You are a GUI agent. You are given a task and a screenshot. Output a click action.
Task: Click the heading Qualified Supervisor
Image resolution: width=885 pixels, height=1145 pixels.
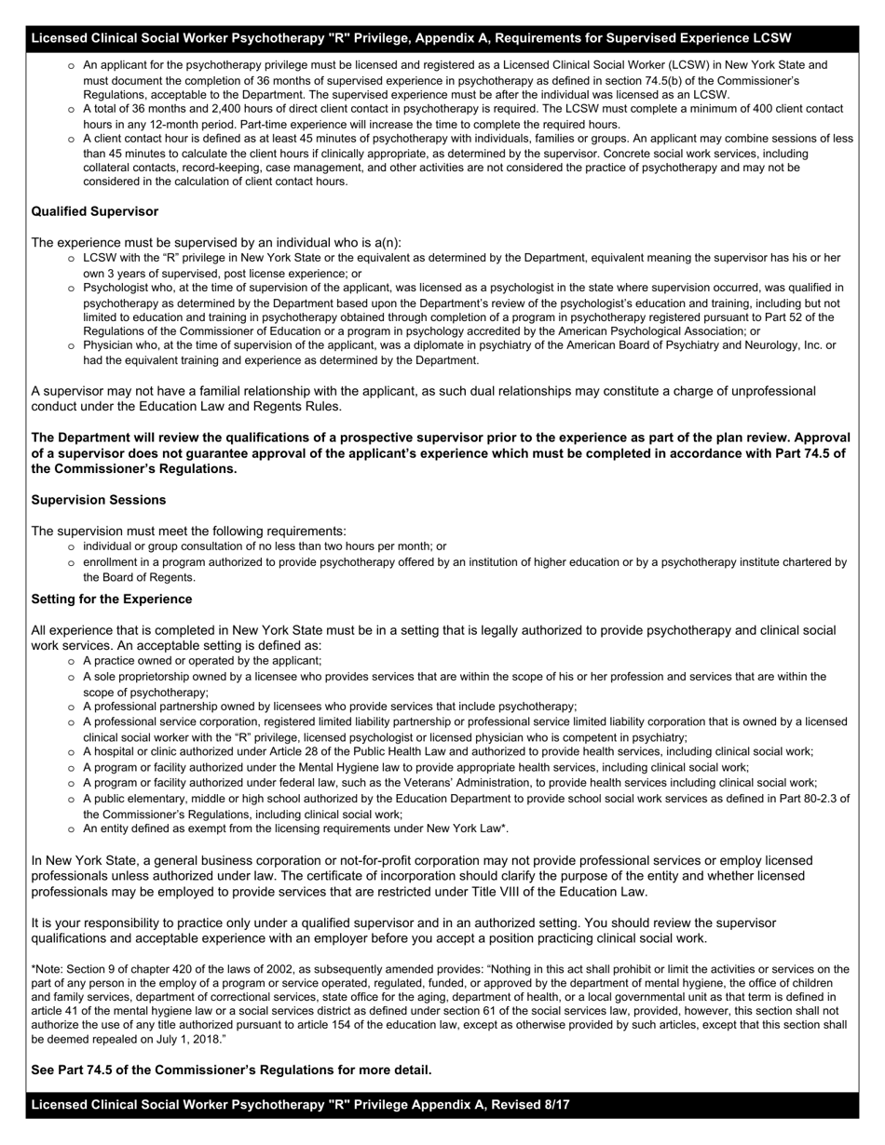94,211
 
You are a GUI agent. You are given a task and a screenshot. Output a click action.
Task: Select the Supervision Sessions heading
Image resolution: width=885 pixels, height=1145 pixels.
99,500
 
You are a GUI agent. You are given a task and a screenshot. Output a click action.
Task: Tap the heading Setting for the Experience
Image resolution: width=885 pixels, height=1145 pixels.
112,599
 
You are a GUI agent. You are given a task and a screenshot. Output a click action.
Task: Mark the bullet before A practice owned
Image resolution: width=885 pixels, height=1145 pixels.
72,661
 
